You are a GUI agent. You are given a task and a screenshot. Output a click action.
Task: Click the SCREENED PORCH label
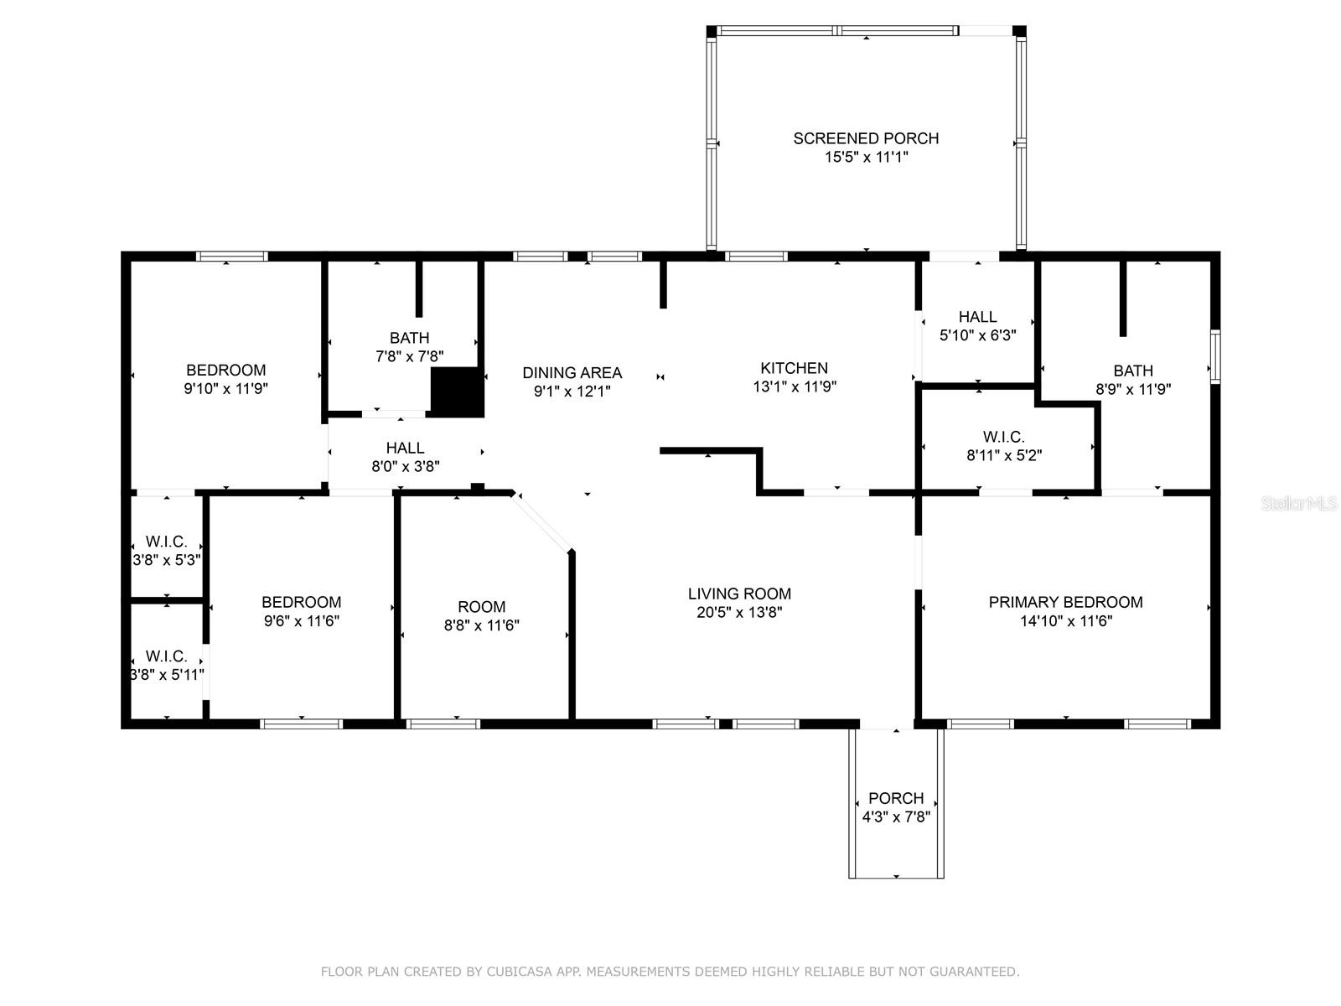[866, 138]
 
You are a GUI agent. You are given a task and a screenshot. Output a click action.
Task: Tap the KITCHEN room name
[794, 368]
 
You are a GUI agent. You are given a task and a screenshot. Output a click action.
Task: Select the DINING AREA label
[572, 372]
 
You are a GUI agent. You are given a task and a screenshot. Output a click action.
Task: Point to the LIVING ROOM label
[739, 594]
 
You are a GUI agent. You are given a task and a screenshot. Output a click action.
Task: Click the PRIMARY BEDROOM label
[1065, 602]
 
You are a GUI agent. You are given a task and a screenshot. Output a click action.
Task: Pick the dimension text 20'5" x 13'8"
[739, 612]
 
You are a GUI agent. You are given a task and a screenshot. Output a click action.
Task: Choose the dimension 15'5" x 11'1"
[866, 157]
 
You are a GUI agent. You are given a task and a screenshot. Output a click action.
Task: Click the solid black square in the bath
[458, 392]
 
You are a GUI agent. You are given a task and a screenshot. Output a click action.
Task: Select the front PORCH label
[896, 798]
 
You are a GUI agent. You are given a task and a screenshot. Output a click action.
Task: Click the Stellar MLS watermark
[1299, 504]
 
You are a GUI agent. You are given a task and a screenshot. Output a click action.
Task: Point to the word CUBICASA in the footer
[520, 972]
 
